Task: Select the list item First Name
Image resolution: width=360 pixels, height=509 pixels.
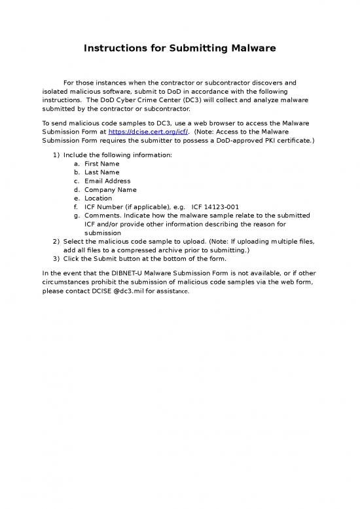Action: coord(101,163)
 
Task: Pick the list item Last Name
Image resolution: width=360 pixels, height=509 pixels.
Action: coord(101,172)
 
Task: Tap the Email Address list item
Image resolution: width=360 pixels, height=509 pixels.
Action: coord(107,181)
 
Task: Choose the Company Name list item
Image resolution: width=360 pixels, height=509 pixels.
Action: coord(110,189)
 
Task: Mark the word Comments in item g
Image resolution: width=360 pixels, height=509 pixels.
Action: coord(102,216)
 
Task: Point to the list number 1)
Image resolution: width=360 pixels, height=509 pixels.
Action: coord(56,155)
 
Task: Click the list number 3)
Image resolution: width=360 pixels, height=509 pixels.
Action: coord(56,259)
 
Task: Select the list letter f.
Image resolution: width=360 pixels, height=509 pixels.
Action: coord(77,206)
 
